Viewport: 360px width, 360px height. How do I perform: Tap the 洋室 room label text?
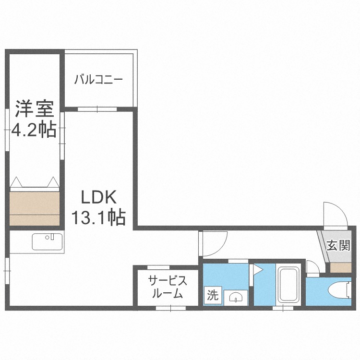point(33,110)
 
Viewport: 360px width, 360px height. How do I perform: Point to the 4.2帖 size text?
point(33,130)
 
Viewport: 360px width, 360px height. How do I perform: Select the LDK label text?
point(98,197)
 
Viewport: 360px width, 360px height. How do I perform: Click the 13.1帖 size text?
point(98,218)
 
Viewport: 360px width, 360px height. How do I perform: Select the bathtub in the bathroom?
point(288,285)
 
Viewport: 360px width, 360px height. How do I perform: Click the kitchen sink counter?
point(48,241)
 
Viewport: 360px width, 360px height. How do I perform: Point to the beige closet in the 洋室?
point(34,208)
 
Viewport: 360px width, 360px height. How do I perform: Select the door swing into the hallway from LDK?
point(213,244)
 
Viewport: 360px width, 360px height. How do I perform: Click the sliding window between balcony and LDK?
point(97,109)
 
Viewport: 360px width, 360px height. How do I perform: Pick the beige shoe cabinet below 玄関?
point(341,268)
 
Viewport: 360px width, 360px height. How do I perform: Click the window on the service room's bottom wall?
point(171,308)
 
